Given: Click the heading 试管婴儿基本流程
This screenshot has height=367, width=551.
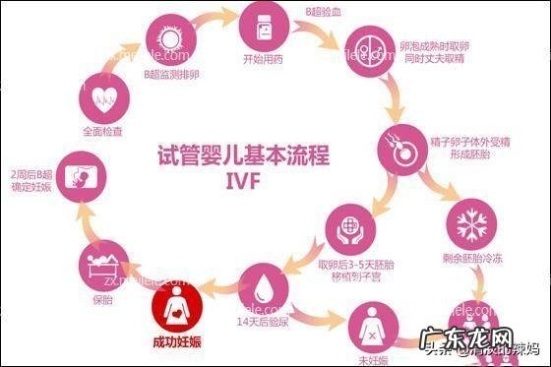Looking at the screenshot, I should [x=243, y=155].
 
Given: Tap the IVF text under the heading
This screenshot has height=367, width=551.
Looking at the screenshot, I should [x=243, y=182].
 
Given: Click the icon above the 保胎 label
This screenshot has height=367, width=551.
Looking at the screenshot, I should [x=102, y=265].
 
